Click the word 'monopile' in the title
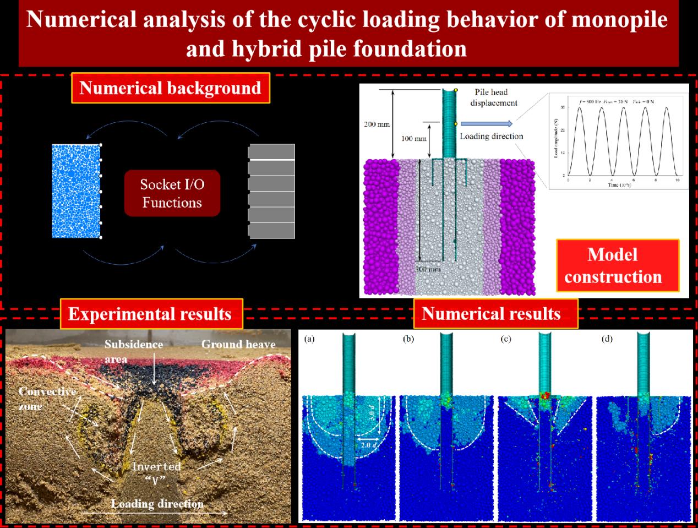[x=619, y=20]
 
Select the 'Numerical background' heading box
[x=170, y=88]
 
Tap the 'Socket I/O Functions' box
[x=172, y=193]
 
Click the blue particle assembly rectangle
[x=76, y=191]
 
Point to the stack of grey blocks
[x=271, y=191]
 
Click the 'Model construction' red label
[x=613, y=265]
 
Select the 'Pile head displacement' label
[x=493, y=97]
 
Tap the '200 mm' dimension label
[x=377, y=124]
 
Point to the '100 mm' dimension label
[x=413, y=138]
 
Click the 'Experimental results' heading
[x=150, y=314]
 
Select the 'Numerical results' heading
[x=491, y=314]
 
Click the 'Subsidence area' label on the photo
[x=134, y=351]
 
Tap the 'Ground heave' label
[x=238, y=345]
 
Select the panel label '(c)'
[x=506, y=339]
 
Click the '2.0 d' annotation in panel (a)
[x=366, y=444]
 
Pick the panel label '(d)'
[x=607, y=339]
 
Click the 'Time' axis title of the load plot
[x=619, y=185]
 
